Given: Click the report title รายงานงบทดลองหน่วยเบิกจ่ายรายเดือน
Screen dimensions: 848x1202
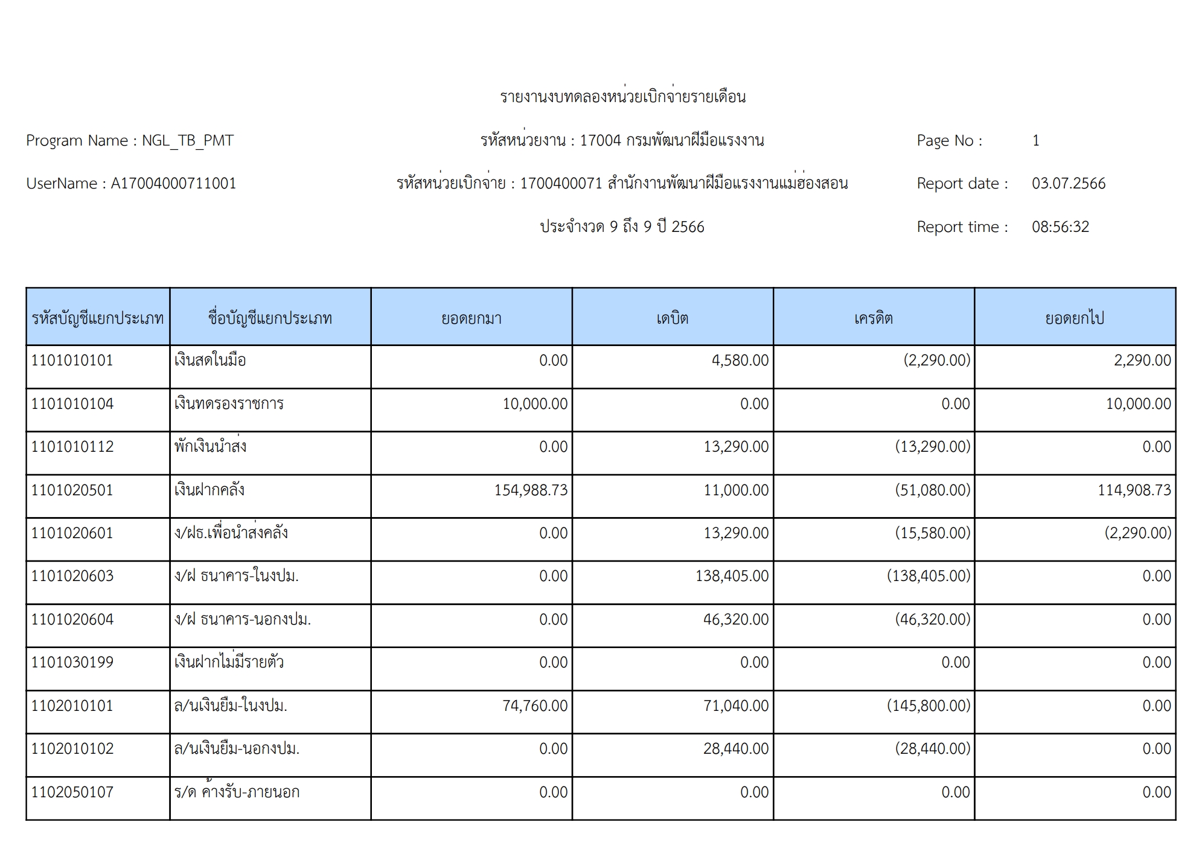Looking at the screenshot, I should [x=622, y=97].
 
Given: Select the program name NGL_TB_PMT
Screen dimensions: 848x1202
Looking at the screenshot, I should [x=188, y=141].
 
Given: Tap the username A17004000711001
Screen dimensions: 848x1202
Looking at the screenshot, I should [x=173, y=184].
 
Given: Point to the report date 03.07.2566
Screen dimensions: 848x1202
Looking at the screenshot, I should [x=1068, y=184].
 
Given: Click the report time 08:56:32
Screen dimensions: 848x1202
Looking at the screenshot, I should [x=1060, y=227].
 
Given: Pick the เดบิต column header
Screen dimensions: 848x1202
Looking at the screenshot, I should [x=672, y=318].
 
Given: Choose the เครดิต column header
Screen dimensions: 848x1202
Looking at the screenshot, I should [x=873, y=318].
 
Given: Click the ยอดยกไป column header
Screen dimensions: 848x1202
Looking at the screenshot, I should [x=1075, y=318].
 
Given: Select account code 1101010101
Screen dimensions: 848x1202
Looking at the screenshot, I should [x=72, y=361].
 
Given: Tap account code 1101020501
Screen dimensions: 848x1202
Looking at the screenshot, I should [x=72, y=490].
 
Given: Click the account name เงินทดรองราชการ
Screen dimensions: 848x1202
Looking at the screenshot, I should [x=229, y=403].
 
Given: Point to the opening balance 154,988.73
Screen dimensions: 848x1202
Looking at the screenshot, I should [x=531, y=490].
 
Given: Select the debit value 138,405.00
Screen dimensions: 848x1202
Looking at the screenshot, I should [x=732, y=576].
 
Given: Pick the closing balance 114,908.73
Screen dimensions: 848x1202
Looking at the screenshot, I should [x=1134, y=490].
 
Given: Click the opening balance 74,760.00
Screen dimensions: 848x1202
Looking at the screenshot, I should [x=535, y=705].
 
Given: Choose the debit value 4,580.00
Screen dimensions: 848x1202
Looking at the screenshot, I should [x=740, y=361].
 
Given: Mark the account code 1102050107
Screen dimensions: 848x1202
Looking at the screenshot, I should [x=72, y=792].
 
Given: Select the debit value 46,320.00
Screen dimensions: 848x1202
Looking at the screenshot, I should [x=735, y=619].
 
